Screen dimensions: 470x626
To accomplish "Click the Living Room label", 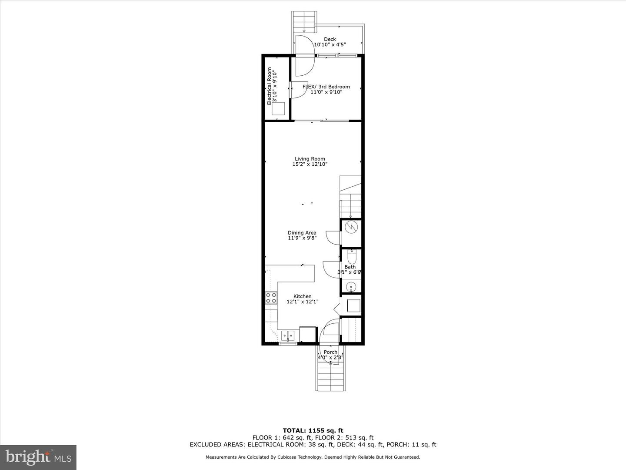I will coord(310,159).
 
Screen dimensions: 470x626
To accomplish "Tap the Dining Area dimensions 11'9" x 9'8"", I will coord(302,238).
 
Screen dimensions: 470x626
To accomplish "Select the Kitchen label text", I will coord(302,296).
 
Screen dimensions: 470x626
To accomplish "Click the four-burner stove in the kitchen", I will coord(271,298).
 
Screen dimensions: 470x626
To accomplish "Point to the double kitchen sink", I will coord(287,335).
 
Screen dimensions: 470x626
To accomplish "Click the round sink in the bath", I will coord(351,286).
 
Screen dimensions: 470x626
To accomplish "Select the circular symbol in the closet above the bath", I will coord(351,227).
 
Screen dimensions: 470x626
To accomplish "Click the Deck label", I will coord(330,39).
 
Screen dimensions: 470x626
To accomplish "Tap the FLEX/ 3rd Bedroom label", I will coord(326,87).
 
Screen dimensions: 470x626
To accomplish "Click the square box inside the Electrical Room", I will coord(278,108).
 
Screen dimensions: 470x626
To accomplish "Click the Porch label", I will coord(330,352).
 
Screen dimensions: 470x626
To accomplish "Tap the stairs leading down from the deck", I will coord(303,21).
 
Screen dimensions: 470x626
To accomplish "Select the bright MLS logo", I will coord(38,457).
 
